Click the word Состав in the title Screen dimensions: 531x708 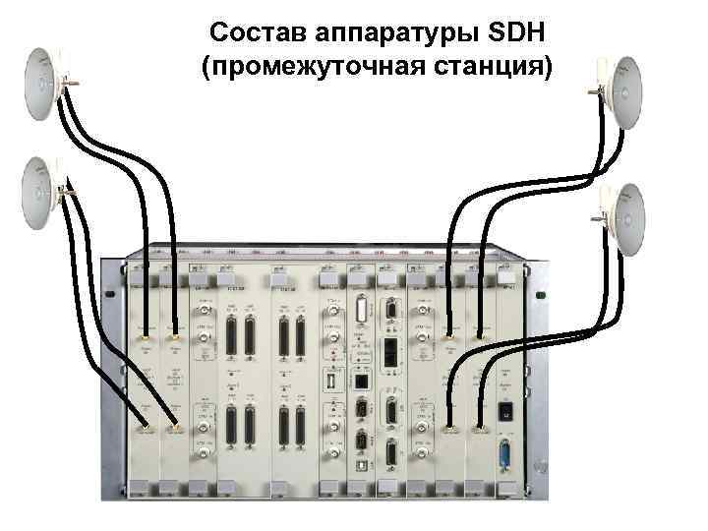[259, 35]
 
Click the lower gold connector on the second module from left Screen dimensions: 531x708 [175, 429]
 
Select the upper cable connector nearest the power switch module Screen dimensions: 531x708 [480, 336]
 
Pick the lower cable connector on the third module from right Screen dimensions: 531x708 [449, 429]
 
